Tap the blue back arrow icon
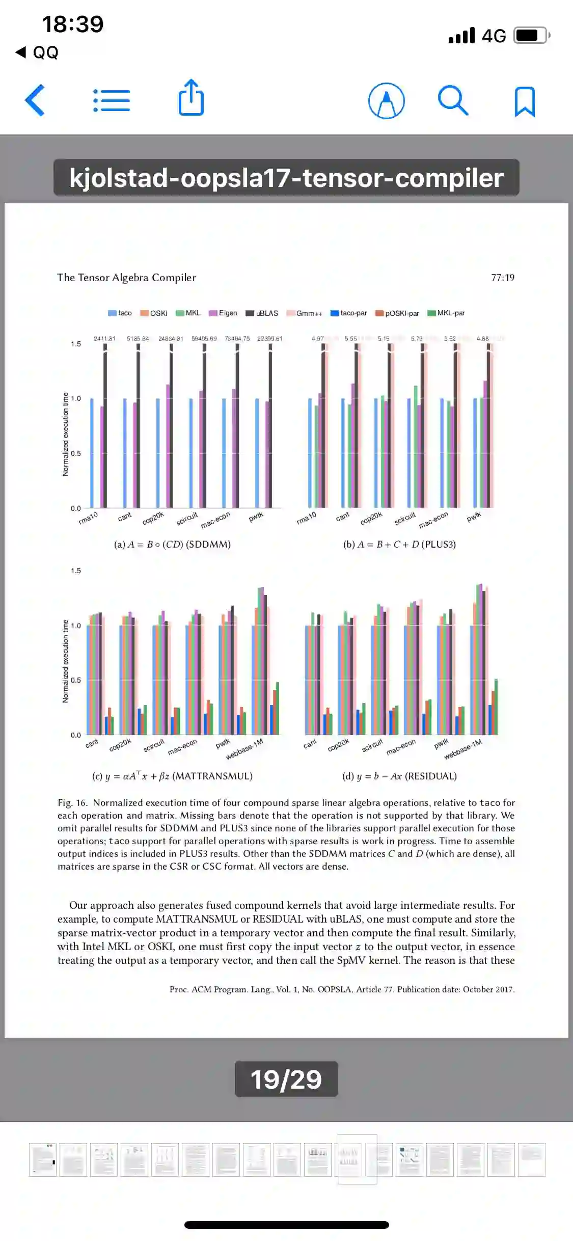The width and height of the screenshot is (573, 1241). pos(35,100)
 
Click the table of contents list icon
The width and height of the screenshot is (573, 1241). pos(112,100)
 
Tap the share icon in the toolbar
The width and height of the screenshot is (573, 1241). pos(191,98)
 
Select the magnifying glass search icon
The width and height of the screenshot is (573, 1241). pos(453,100)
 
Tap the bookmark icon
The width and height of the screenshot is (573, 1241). pos(525,101)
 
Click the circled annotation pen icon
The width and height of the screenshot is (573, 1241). pos(387,101)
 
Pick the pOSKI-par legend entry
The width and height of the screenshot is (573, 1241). pos(397,313)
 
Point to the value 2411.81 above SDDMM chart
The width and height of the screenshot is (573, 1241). pos(104,338)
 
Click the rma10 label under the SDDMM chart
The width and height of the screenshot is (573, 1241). pos(88,519)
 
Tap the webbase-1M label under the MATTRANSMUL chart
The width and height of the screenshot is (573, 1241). pos(244,749)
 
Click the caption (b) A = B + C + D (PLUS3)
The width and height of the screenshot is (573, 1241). pos(399,544)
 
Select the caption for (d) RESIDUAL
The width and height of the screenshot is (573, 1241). pos(399,776)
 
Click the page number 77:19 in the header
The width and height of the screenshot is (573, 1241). pos(503,278)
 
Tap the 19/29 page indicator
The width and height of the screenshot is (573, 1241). pos(286,1078)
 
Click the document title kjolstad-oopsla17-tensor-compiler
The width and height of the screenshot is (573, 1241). pos(286,178)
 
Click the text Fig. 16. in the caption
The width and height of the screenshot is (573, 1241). pos(72,802)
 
